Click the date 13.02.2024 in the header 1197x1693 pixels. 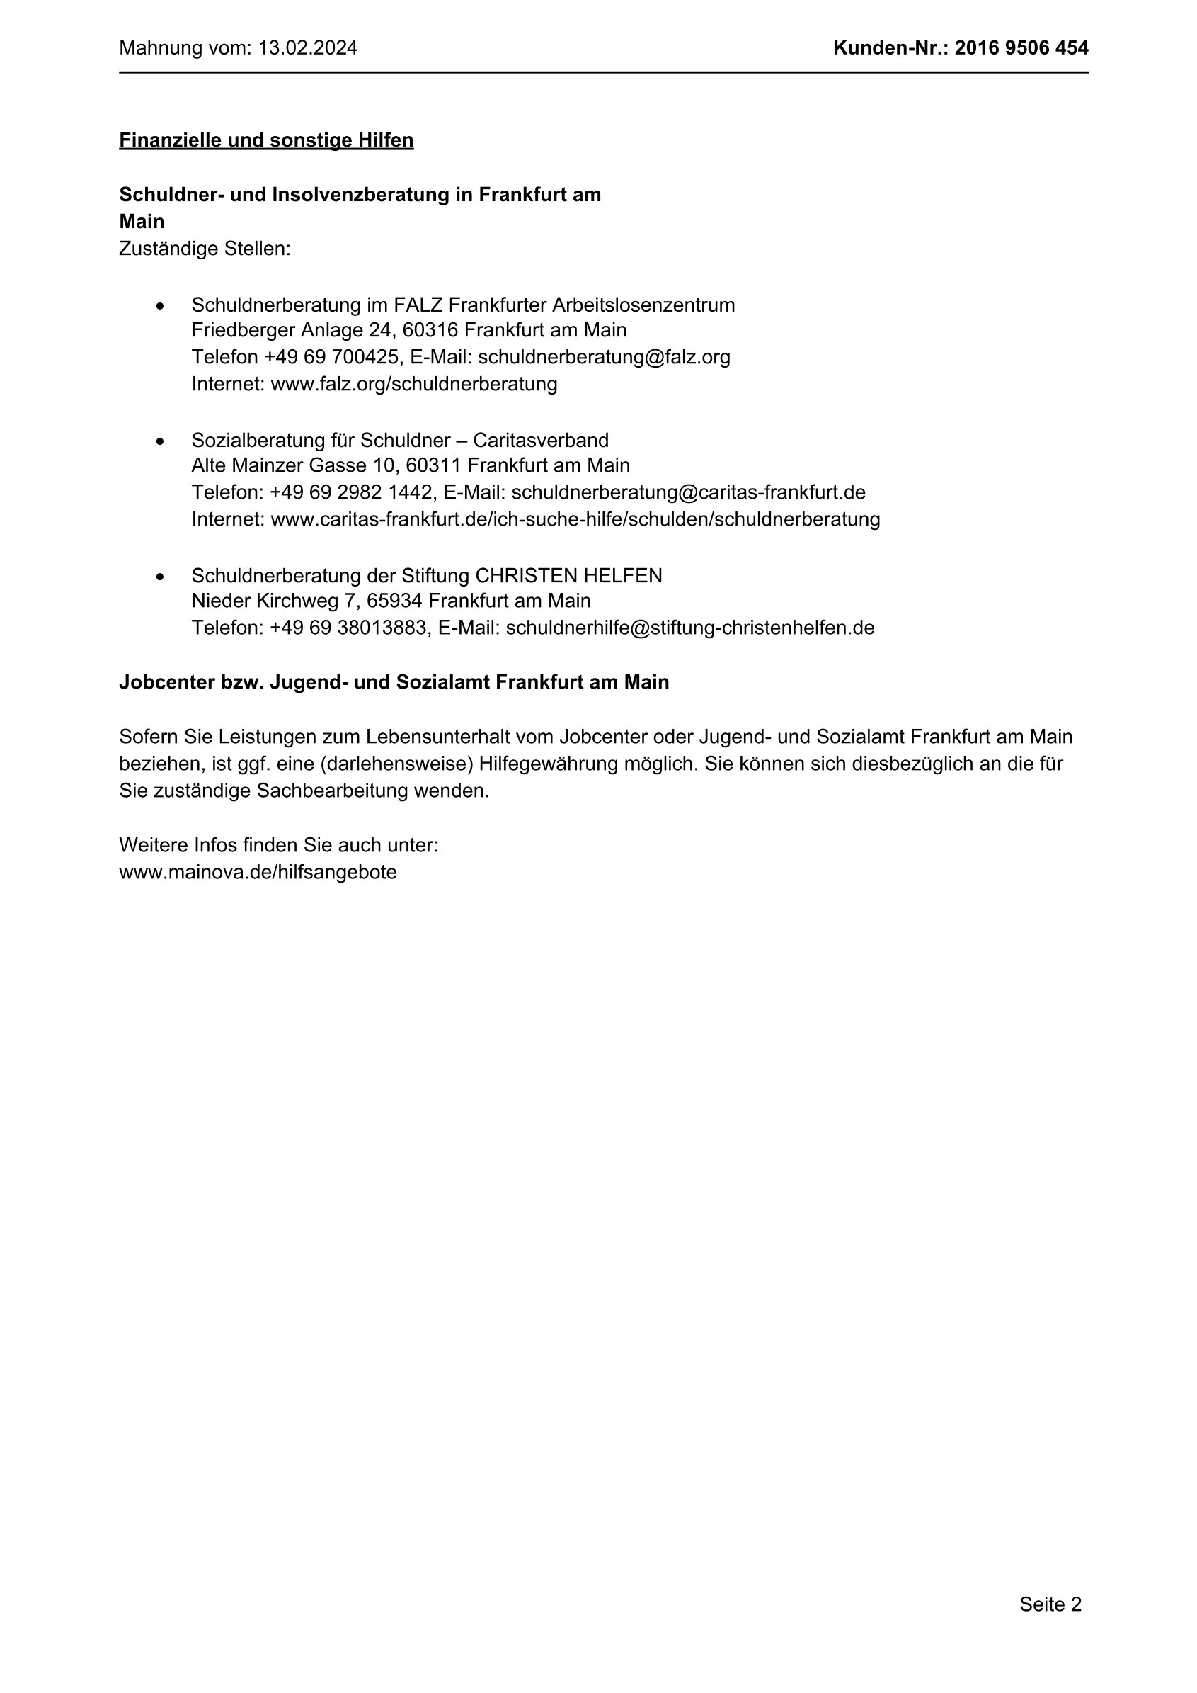coord(308,49)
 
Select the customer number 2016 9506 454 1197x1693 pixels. coord(1021,49)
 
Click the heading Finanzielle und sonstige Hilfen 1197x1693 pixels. coord(266,140)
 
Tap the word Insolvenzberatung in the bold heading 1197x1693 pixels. coord(372,195)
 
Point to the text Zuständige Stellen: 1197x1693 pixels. coord(205,249)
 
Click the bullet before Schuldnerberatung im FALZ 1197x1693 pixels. coord(160,305)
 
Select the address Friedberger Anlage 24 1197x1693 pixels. coord(293,329)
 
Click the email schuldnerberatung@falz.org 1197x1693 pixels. coord(604,357)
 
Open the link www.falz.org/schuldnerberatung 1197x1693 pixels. coord(414,384)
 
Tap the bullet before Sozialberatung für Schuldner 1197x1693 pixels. coord(160,441)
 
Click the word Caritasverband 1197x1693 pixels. coord(541,440)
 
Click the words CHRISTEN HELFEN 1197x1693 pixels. coord(568,576)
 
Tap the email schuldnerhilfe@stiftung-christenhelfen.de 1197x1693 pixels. coord(690,628)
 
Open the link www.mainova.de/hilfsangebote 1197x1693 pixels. coord(258,872)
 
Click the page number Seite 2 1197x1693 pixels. coord(1050,1604)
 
